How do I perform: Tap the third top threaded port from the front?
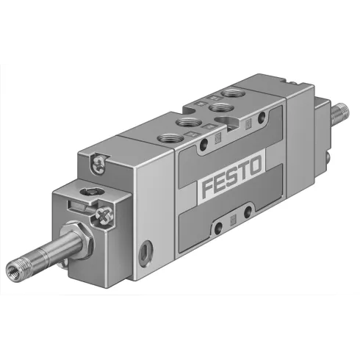(x=218, y=107)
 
